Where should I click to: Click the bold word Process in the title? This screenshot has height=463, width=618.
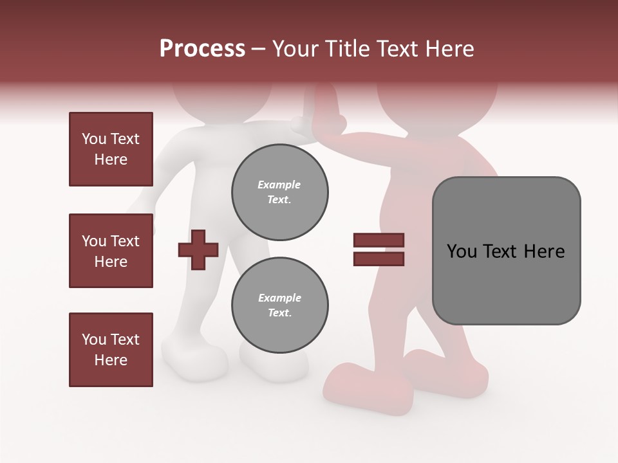pyautogui.click(x=202, y=49)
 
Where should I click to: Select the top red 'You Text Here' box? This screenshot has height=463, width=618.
pyautogui.click(x=111, y=149)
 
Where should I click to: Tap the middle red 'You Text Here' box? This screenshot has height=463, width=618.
pyautogui.click(x=111, y=251)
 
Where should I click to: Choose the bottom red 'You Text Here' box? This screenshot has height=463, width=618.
pyautogui.click(x=111, y=350)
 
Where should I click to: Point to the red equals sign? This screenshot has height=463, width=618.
pyautogui.click(x=379, y=250)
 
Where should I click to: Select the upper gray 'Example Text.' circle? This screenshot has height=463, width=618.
pyautogui.click(x=279, y=192)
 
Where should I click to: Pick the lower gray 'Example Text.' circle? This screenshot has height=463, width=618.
pyautogui.click(x=279, y=305)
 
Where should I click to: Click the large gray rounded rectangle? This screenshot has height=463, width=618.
pyautogui.click(x=506, y=251)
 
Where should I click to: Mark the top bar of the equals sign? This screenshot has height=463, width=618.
pyautogui.click(x=379, y=241)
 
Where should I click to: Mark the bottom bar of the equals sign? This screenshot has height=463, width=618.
pyautogui.click(x=379, y=259)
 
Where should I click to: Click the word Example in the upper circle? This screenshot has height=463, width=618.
pyautogui.click(x=279, y=185)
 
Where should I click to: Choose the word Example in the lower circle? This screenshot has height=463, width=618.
pyautogui.click(x=279, y=298)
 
